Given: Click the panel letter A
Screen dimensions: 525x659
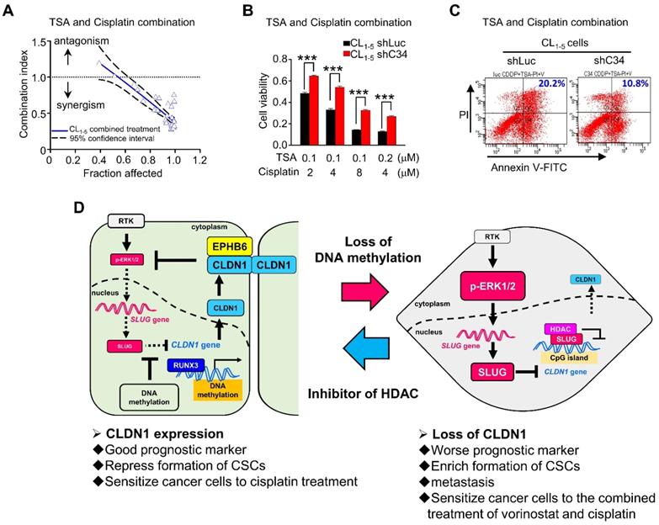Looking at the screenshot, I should pos(12,11).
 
